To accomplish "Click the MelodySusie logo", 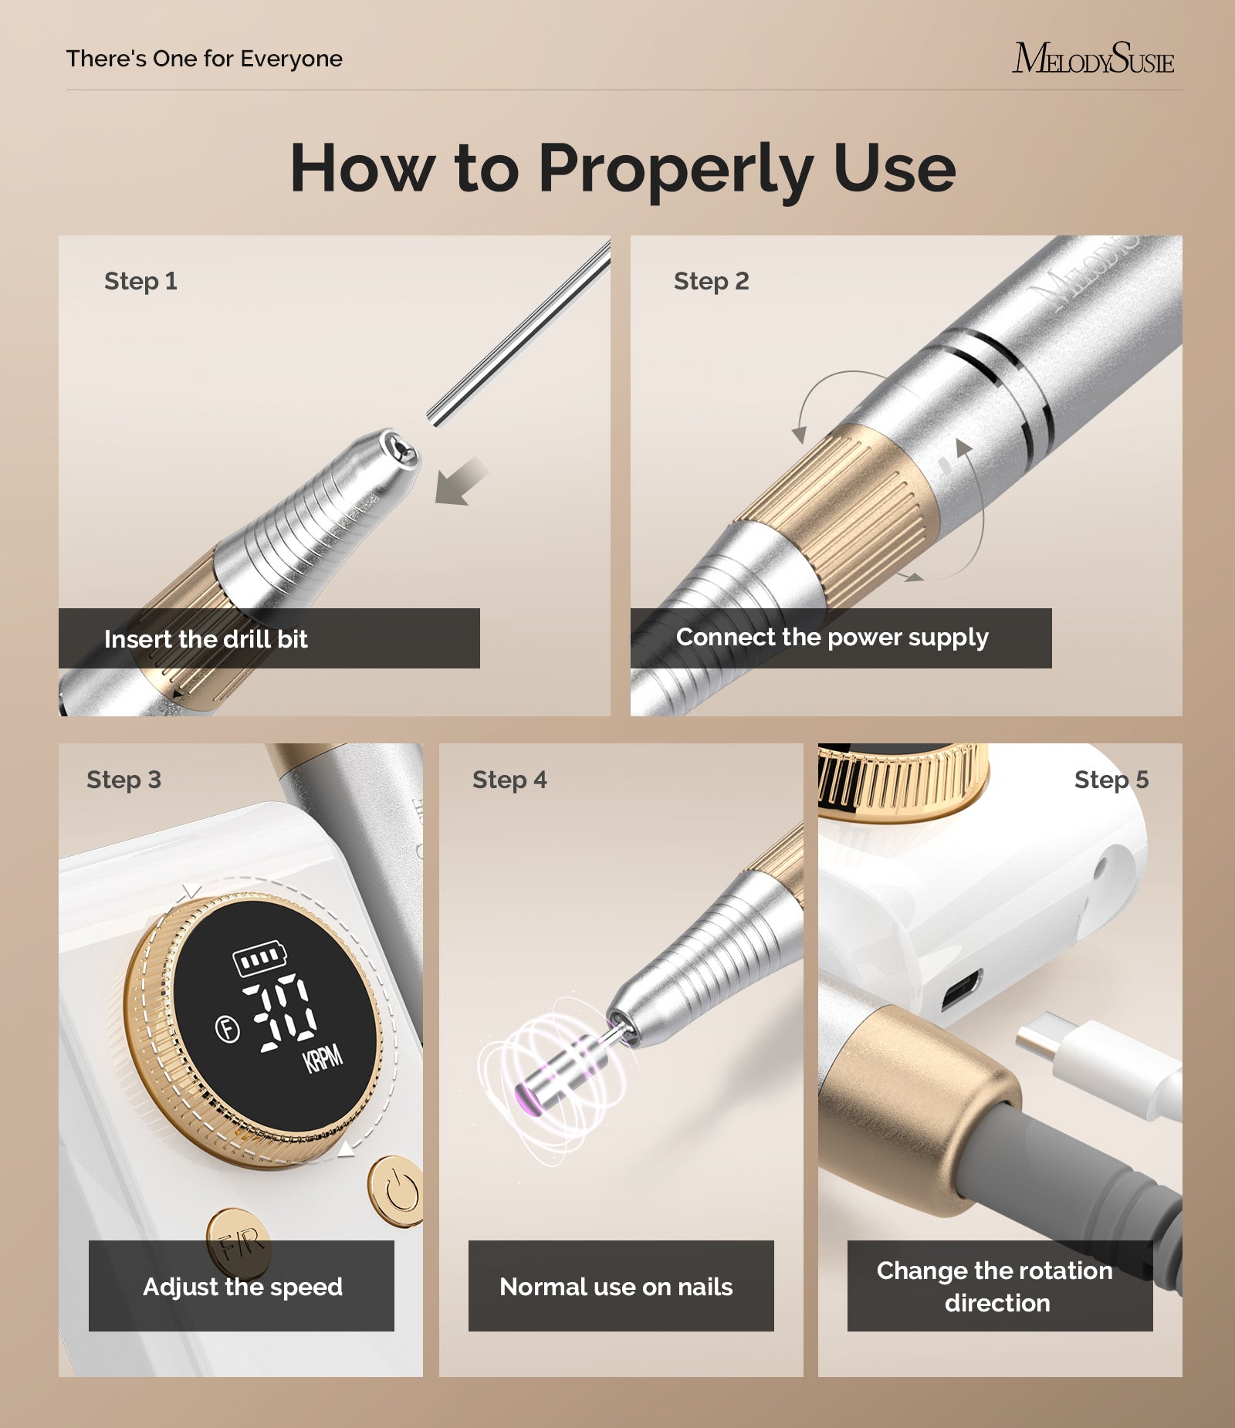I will pyautogui.click(x=1092, y=59).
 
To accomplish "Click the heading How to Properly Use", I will pyautogui.click(x=622, y=168).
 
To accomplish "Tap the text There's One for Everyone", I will pyautogui.click(x=204, y=59).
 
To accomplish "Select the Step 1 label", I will pyautogui.click(x=140, y=281).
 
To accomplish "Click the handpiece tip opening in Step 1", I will pyautogui.click(x=401, y=447).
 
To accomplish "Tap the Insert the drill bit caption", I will pyautogui.click(x=205, y=639).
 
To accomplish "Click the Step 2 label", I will pyautogui.click(x=711, y=281).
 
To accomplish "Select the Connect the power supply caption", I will pyautogui.click(x=831, y=638).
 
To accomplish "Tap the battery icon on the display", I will pyautogui.click(x=259, y=958).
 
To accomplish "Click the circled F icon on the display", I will pyautogui.click(x=227, y=1028).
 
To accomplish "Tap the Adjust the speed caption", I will pyautogui.click(x=242, y=1287).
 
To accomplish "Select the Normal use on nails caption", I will pyautogui.click(x=616, y=1287).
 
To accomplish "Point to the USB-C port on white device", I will pyautogui.click(x=960, y=990).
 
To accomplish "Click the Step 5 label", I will pyautogui.click(x=1111, y=780).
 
